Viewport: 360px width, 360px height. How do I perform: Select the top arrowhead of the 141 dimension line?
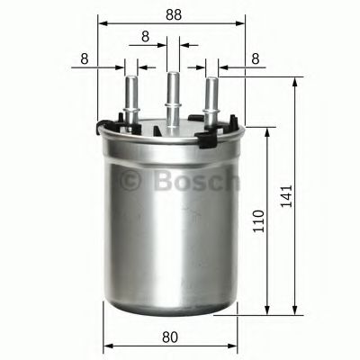tap(296, 80)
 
